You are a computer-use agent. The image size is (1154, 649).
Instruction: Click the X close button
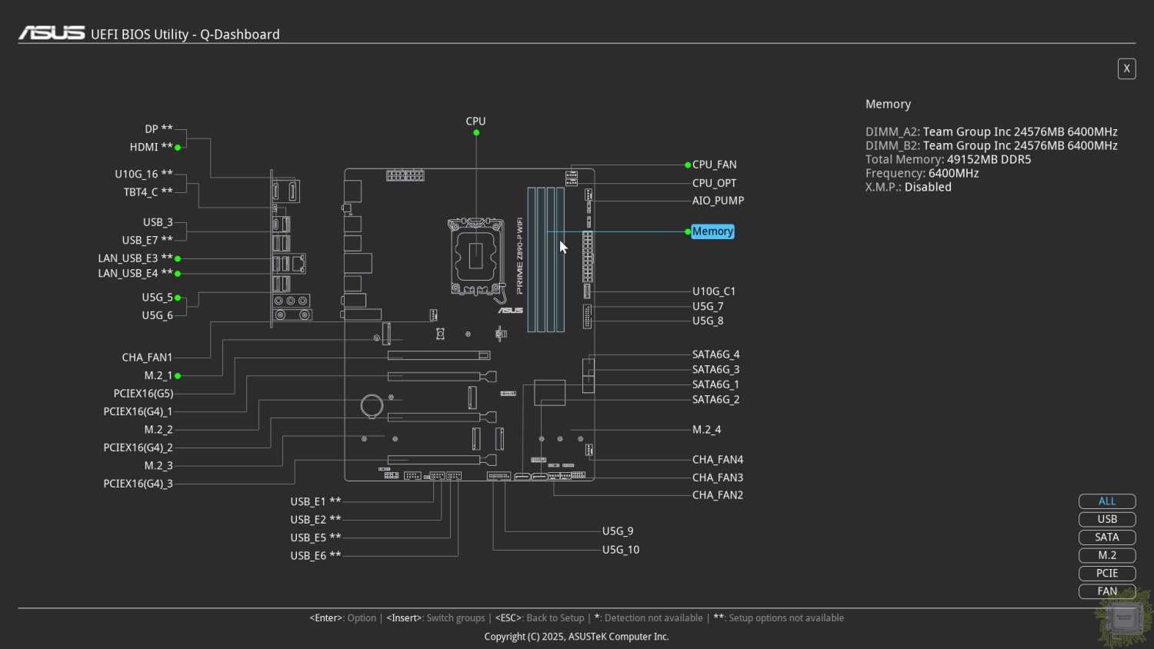1127,69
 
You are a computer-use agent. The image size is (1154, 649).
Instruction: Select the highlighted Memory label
712,231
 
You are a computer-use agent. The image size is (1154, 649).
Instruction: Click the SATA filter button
1106,538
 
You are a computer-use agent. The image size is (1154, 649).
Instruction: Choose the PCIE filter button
1106,574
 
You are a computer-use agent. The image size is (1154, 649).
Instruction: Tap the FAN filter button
1106,591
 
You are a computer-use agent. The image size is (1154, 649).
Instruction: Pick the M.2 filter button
1106,555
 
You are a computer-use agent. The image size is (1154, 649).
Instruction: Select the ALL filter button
1106,501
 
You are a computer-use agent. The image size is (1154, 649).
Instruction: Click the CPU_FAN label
714,165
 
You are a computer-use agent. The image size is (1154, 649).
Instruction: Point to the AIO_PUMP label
718,201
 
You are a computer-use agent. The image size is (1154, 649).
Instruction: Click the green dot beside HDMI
178,148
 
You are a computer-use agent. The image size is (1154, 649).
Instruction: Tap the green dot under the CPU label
476,133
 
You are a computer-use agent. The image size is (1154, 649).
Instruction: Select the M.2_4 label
706,430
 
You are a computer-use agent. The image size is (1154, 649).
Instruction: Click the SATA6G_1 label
715,384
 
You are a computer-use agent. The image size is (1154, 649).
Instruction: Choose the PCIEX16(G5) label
143,394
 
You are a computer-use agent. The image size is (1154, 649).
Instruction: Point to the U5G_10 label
620,550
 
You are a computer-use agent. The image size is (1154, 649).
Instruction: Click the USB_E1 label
308,501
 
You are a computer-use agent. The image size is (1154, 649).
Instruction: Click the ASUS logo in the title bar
52,33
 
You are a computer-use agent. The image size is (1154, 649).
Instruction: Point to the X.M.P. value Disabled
928,188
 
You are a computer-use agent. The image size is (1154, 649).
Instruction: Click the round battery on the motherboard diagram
372,406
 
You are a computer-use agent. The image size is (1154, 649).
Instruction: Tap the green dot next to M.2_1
178,377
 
